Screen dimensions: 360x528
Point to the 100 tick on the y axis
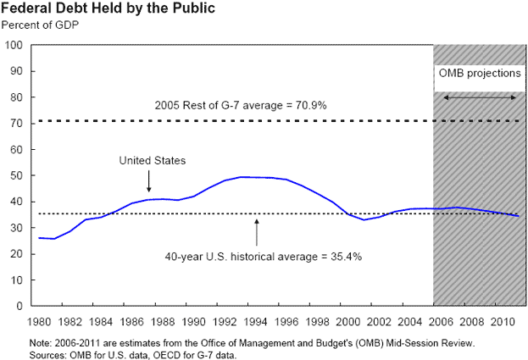[14, 45]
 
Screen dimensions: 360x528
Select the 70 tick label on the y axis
[17, 123]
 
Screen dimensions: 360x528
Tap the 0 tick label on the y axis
[19, 306]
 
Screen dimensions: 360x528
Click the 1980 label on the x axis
[39, 322]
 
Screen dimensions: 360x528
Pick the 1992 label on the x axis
[225, 322]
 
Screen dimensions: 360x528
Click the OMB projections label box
[479, 74]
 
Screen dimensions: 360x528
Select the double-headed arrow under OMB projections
[480, 98]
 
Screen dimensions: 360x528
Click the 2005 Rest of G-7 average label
[241, 106]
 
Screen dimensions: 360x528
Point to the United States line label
[152, 160]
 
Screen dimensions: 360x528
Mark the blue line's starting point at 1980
[39, 238]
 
